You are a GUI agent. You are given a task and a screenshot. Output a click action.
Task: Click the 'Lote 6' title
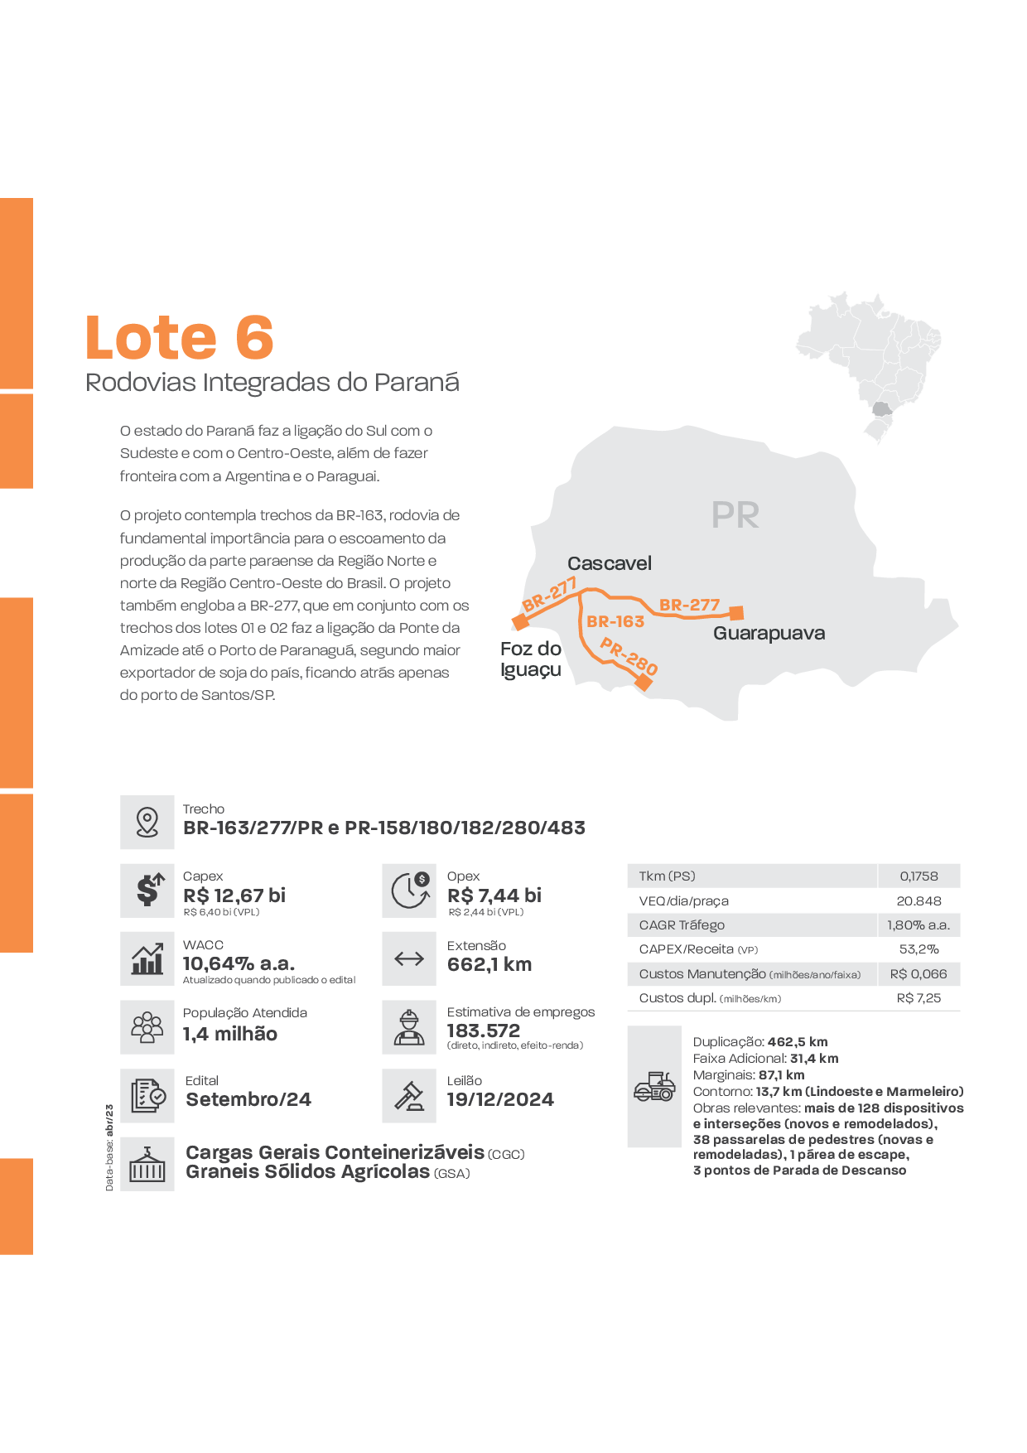[180, 338]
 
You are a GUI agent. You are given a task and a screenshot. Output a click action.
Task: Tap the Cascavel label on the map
[610, 563]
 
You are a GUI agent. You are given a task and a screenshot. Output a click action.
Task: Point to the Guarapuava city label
[769, 634]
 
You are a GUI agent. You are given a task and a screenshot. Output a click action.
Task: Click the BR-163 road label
[615, 621]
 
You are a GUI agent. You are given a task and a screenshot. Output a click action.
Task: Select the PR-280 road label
[629, 656]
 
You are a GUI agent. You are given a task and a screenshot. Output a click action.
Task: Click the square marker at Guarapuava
[736, 613]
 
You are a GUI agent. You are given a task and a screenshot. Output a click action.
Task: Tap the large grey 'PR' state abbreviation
[735, 515]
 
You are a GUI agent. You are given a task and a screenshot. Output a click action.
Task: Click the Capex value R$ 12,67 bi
[234, 895]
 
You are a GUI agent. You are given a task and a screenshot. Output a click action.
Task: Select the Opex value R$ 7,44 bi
[494, 895]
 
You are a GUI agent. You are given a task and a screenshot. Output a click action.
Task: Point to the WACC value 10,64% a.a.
[239, 963]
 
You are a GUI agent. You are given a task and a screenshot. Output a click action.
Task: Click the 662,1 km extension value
[489, 964]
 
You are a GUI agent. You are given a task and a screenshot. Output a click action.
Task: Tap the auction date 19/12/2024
[500, 1099]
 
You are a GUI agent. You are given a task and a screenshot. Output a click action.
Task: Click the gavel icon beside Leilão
[409, 1096]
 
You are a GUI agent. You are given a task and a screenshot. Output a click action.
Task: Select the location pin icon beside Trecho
[147, 822]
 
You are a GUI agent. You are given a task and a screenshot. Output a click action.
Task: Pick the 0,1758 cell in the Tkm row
[919, 876]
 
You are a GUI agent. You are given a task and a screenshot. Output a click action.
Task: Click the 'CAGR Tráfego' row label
[682, 925]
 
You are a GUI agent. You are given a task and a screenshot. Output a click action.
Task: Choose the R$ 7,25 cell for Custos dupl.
[919, 998]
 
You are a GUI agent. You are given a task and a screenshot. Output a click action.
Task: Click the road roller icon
[654, 1086]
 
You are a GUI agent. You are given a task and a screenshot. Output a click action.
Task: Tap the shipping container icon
[147, 1164]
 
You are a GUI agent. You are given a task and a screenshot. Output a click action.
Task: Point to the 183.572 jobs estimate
[484, 1031]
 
